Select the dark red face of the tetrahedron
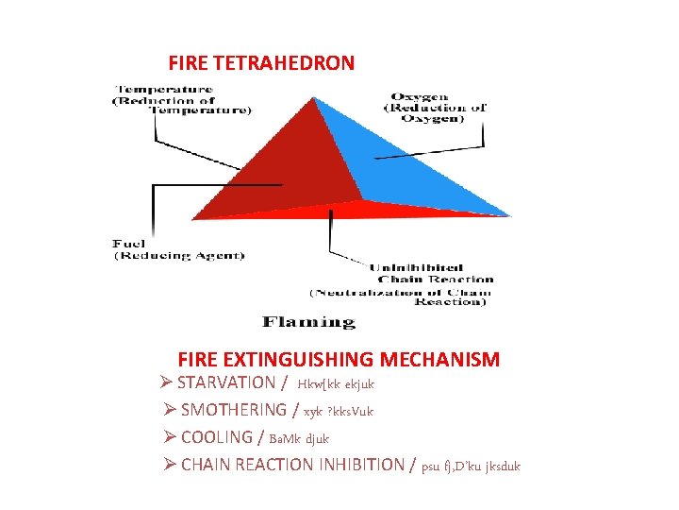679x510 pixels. click(x=283, y=170)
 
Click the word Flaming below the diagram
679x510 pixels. click(x=308, y=322)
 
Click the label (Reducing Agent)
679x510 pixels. click(x=179, y=255)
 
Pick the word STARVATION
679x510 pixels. click(x=225, y=382)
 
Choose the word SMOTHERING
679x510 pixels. click(x=233, y=410)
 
